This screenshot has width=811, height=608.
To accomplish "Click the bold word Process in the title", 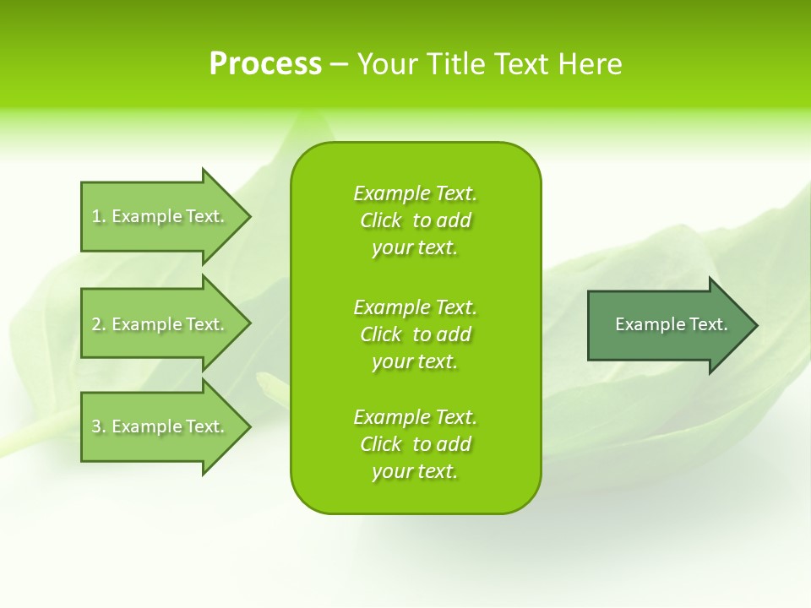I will coord(265,64).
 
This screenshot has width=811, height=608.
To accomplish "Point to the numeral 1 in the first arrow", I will coord(96,217).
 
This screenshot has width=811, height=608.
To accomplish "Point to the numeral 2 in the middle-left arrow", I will coord(96,324).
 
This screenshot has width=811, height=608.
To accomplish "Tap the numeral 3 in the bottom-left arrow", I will coord(96,426).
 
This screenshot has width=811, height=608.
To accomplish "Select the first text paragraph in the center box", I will coord(415,220).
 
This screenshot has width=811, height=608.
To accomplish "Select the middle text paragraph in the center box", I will coord(415,334).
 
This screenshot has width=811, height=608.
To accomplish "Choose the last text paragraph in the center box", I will coord(415,444).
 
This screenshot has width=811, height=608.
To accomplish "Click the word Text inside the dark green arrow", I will coord(709,324).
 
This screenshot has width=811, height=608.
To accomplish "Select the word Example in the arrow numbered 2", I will coord(146,324).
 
